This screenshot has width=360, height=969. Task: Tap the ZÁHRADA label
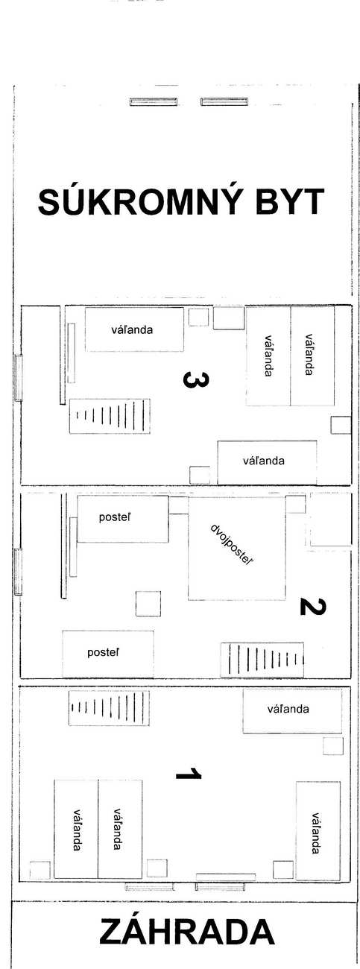pyautogui.click(x=187, y=932)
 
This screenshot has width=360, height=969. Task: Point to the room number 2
pyautogui.click(x=313, y=607)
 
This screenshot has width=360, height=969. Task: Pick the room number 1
pyautogui.click(x=189, y=773)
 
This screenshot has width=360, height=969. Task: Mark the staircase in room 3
pyautogui.click(x=110, y=416)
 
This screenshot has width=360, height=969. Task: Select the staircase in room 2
pyautogui.click(x=262, y=660)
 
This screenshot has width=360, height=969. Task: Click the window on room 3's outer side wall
pyautogui.click(x=18, y=378)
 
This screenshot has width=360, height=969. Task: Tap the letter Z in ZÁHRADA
pyautogui.click(x=111, y=932)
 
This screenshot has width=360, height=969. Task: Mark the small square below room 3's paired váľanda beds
pyautogui.click(x=341, y=425)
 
